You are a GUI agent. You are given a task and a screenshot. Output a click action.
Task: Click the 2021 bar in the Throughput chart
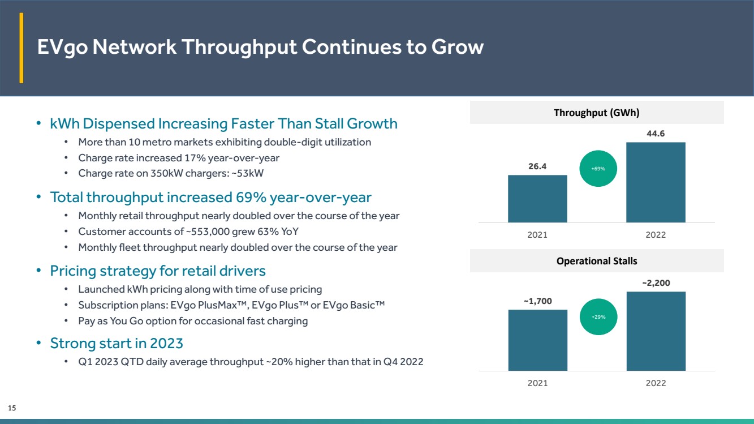click(x=537, y=199)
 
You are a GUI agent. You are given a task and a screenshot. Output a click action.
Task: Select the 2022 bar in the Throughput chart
click(x=656, y=182)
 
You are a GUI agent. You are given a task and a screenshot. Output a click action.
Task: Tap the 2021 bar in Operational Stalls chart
click(x=537, y=340)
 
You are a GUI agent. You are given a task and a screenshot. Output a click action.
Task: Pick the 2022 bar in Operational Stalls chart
click(x=656, y=331)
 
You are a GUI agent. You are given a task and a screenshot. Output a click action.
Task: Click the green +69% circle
click(x=598, y=168)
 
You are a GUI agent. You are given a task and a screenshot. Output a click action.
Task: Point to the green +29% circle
click(x=598, y=317)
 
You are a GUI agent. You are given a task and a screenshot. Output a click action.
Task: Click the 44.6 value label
click(x=656, y=134)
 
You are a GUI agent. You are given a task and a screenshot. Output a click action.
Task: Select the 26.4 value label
click(x=537, y=166)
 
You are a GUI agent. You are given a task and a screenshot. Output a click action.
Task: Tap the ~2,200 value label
click(x=656, y=283)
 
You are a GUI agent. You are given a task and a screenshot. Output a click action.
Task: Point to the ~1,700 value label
click(x=538, y=301)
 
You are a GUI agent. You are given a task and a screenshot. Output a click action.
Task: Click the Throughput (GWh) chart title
click(x=596, y=113)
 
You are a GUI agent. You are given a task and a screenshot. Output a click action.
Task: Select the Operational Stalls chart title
click(x=597, y=261)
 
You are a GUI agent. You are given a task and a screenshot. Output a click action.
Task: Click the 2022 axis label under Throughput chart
click(x=656, y=235)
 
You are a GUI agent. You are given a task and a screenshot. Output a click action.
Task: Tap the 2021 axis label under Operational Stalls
click(x=537, y=383)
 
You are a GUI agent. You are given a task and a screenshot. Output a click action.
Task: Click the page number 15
click(x=12, y=408)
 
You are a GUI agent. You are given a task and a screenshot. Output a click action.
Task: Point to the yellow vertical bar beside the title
click(x=21, y=48)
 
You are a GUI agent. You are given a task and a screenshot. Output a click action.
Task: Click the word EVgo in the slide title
click(x=63, y=47)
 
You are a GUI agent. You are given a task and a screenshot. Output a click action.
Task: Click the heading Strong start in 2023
click(x=117, y=344)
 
